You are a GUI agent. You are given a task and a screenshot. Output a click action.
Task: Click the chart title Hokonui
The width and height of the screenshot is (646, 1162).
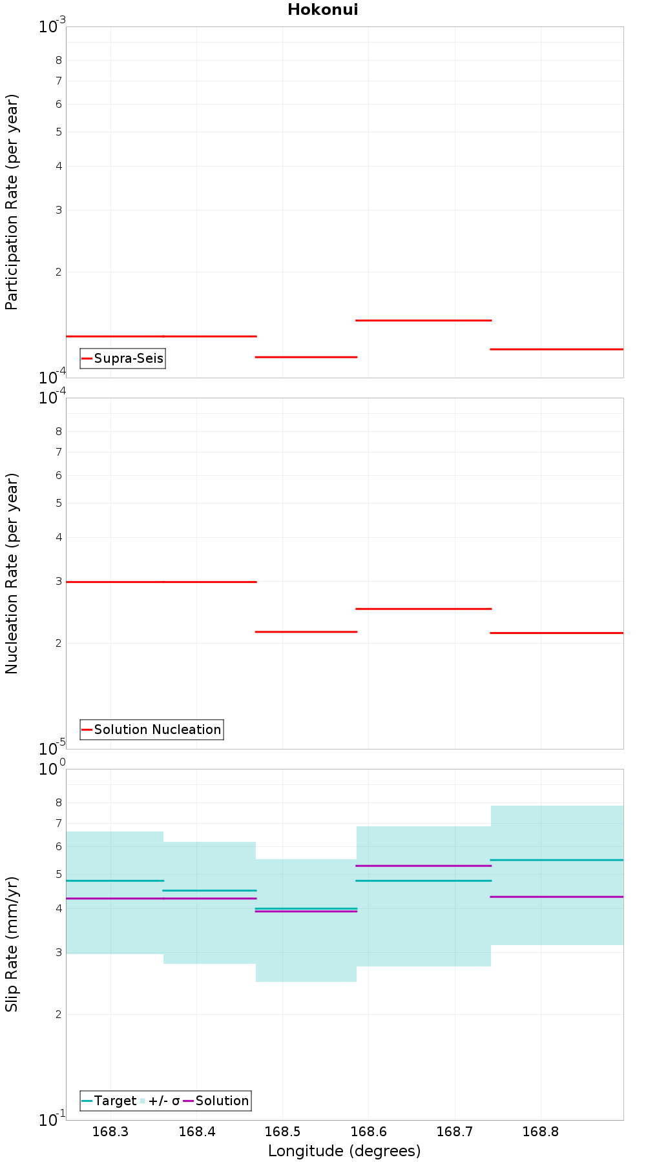(323, 10)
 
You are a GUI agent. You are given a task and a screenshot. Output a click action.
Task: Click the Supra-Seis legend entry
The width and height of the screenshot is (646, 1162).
(123, 358)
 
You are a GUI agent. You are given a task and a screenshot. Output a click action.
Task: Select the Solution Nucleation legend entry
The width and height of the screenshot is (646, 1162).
(152, 729)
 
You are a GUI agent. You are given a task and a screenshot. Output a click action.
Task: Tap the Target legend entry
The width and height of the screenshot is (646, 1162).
(109, 1101)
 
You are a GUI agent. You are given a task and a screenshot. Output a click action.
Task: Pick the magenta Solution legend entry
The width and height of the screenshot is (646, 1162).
(216, 1101)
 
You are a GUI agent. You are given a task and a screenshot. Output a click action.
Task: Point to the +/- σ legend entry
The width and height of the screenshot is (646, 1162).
(160, 1101)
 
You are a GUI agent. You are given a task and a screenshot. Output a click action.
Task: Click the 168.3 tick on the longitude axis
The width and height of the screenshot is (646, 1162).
(110, 1132)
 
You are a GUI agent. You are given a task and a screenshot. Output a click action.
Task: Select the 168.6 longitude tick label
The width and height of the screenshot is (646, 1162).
(368, 1132)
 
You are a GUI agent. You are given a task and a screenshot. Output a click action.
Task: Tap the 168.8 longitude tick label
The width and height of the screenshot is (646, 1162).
(540, 1132)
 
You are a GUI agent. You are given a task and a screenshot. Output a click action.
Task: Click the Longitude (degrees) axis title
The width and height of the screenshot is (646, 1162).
(344, 1151)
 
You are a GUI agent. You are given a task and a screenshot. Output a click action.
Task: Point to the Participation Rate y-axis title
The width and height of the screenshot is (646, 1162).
(12, 202)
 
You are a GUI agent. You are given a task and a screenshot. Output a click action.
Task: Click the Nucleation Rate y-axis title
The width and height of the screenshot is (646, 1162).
(12, 574)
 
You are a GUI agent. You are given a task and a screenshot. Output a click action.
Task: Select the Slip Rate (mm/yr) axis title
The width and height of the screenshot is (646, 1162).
(12, 944)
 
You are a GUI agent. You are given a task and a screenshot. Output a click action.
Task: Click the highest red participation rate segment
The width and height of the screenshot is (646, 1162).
(424, 320)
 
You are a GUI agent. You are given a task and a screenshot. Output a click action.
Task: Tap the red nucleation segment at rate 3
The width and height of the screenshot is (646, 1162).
(161, 582)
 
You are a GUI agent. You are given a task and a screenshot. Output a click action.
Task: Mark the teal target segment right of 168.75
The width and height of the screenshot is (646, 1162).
(557, 860)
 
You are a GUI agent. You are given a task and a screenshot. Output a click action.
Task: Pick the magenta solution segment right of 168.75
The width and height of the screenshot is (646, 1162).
(557, 897)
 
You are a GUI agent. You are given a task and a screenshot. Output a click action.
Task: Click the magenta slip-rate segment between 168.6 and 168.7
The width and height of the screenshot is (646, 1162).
(424, 866)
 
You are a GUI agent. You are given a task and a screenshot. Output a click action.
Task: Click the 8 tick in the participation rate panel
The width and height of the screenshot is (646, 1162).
(59, 61)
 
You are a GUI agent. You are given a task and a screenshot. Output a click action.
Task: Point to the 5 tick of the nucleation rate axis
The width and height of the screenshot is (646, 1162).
(59, 503)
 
